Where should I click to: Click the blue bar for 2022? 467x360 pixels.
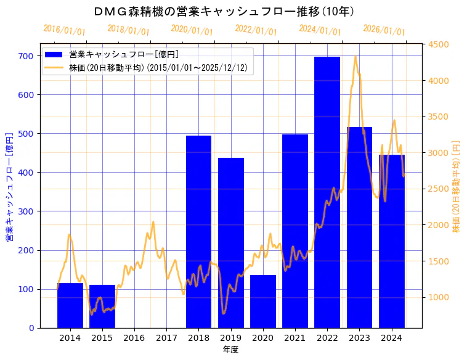click(327, 192)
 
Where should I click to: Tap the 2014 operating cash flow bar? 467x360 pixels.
click(70, 305)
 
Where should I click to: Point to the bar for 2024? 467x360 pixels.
click(392, 241)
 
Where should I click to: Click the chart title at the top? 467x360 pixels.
click(224, 11)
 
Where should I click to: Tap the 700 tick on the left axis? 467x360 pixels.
click(25, 56)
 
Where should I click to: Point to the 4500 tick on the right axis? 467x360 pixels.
click(439, 44)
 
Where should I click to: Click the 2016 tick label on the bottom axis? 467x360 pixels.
click(134, 338)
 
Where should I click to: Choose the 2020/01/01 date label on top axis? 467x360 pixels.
click(192, 30)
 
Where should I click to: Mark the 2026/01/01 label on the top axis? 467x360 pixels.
click(384, 30)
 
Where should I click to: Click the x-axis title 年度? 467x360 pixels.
click(230, 350)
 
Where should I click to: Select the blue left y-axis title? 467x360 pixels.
click(9, 186)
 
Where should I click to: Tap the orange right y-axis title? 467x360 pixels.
click(457, 186)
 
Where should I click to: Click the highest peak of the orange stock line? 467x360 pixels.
click(355, 57)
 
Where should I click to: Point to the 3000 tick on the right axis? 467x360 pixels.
click(439, 153)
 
